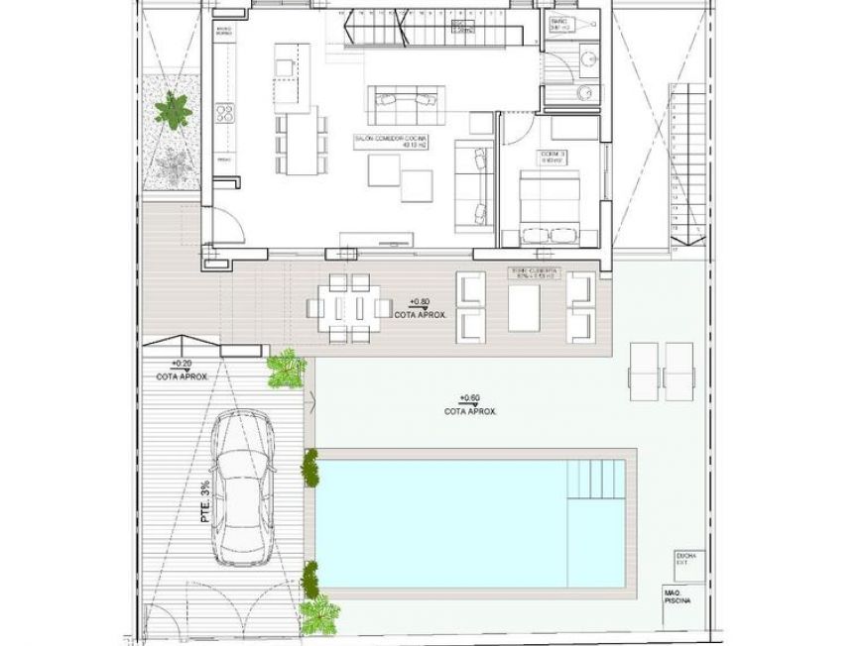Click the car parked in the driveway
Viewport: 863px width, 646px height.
tap(245, 491)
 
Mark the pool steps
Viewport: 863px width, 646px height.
tap(595, 480)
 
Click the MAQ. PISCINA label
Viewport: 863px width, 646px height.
tap(680, 597)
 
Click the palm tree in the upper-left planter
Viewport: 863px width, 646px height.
tap(173, 109)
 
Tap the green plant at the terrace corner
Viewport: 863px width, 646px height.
tap(286, 368)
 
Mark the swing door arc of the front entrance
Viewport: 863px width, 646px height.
tap(226, 226)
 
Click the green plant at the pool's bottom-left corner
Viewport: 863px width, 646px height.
tap(315, 614)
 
